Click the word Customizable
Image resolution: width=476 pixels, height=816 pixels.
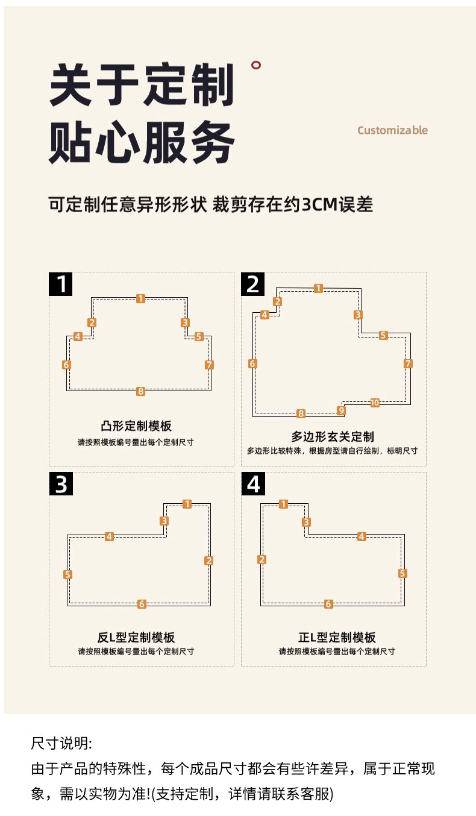392,130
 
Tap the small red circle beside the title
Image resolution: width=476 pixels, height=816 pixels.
257,66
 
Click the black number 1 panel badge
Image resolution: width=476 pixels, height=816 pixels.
60,283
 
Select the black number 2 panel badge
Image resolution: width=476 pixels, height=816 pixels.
253,283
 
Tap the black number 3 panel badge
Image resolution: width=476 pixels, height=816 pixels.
60,484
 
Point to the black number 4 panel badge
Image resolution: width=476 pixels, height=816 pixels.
253,484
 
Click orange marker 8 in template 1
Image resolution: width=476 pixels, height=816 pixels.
140,391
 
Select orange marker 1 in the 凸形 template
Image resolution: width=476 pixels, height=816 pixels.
140,298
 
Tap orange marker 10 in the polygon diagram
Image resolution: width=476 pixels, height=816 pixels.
375,403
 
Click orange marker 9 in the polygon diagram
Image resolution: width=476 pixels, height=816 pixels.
342,410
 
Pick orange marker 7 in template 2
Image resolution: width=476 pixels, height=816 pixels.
408,363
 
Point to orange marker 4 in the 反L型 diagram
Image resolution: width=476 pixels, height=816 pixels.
109,536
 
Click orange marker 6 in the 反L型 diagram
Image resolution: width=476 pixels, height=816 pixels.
142,604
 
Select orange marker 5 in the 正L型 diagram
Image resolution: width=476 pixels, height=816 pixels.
402,574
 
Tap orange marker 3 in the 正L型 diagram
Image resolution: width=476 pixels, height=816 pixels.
306,522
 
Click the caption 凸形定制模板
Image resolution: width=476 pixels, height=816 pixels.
136,426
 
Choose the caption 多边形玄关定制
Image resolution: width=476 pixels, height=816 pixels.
333,436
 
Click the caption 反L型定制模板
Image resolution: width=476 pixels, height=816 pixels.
136,637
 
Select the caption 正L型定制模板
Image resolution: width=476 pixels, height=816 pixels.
337,637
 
